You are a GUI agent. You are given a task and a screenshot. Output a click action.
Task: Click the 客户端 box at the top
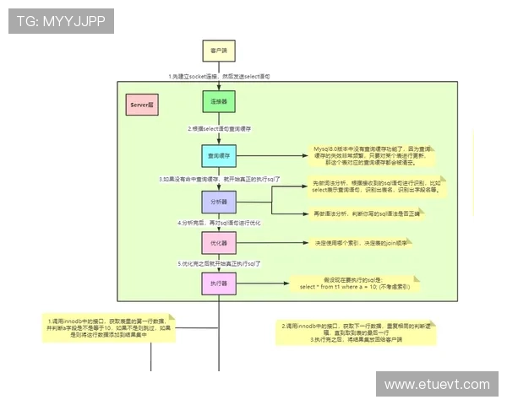coord(218,51)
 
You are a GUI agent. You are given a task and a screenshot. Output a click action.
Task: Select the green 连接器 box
coord(218,101)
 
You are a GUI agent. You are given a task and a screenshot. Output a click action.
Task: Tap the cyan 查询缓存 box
coord(218,156)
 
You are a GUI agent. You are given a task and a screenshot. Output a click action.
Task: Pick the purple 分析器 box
coord(218,203)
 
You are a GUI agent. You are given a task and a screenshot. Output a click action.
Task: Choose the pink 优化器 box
coord(218,243)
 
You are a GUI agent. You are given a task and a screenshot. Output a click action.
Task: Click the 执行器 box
coord(218,284)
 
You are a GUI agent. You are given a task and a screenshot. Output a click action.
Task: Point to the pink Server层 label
coord(142,105)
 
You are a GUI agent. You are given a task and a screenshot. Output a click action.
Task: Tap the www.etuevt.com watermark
coord(436,384)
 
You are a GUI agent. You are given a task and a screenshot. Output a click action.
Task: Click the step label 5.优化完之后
coord(218,264)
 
